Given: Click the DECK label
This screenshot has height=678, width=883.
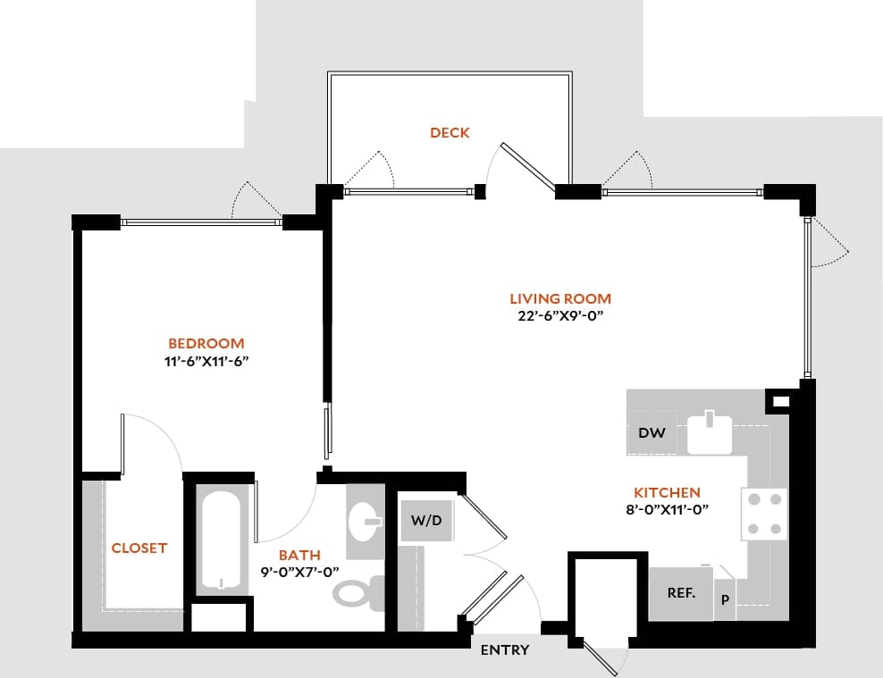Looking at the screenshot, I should click(450, 133).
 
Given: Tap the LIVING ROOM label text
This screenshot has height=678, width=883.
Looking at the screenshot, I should click(560, 299).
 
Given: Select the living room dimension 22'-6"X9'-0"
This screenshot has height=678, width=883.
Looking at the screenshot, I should click(560, 316).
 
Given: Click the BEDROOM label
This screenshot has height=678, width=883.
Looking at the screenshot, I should click(206, 344).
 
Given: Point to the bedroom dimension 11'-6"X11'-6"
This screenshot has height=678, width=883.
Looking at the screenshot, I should click(206, 361).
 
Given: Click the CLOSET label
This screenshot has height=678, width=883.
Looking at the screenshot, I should click(139, 548).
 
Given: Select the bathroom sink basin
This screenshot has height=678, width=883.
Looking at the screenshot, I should click(365, 522).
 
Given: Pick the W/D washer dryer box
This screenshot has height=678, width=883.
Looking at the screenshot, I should click(426, 520).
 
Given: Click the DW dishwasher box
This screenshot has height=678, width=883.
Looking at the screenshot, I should click(652, 433).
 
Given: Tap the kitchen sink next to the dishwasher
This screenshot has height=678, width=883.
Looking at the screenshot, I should click(710, 433).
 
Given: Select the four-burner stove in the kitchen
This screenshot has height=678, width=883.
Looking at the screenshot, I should click(764, 515).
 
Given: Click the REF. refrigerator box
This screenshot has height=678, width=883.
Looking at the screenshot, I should click(681, 593).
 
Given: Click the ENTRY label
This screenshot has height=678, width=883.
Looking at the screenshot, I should click(504, 650).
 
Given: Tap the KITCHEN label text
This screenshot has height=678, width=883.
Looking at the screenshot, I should click(667, 492).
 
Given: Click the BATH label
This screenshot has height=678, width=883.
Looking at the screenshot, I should click(299, 555).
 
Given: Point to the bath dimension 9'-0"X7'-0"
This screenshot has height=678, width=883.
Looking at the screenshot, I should click(299, 572).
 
